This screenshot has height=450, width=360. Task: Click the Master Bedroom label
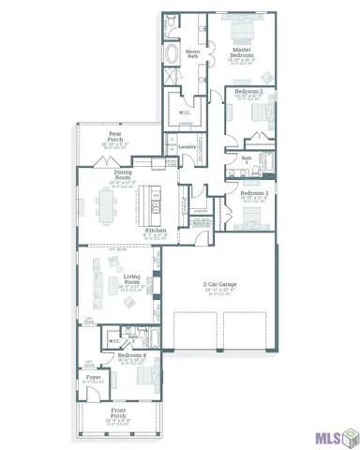242,53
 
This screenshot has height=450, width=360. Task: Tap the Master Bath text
192,54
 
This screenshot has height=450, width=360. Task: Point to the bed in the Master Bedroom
240,24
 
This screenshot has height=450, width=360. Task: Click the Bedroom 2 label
247,93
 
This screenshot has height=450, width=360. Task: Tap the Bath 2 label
247,159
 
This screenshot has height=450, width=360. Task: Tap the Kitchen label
156,231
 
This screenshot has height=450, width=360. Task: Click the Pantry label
201,211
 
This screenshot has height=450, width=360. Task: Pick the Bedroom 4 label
132,356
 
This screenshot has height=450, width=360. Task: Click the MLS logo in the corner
334,435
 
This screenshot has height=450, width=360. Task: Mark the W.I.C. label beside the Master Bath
184,112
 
